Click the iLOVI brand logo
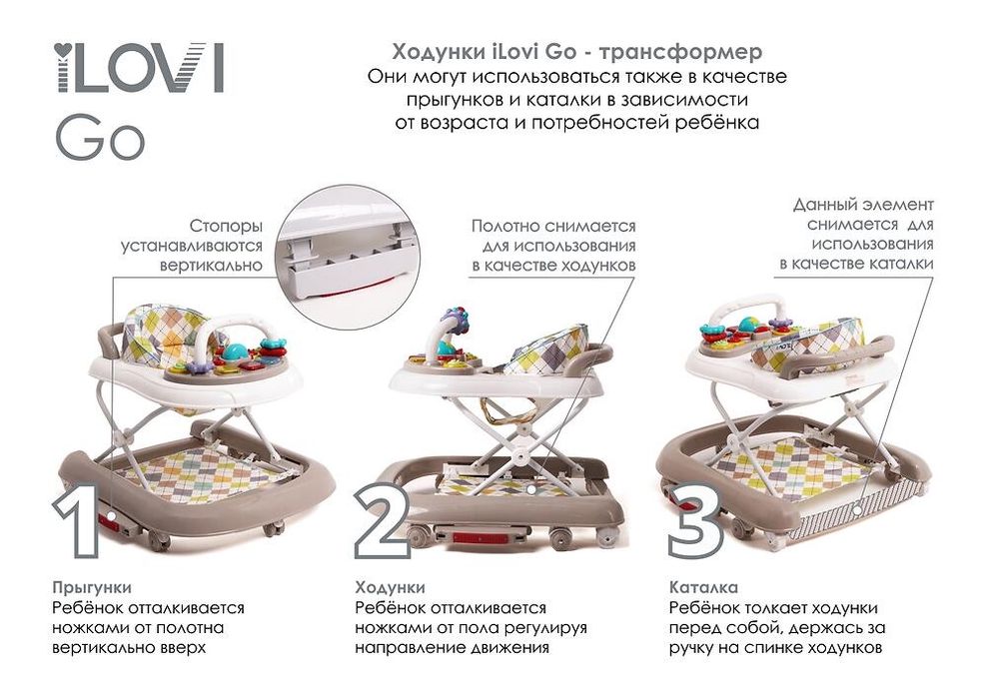tap(139, 69)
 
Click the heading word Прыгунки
tap(91, 587)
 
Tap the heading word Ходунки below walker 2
tap(390, 587)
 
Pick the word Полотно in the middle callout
tap(512, 227)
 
